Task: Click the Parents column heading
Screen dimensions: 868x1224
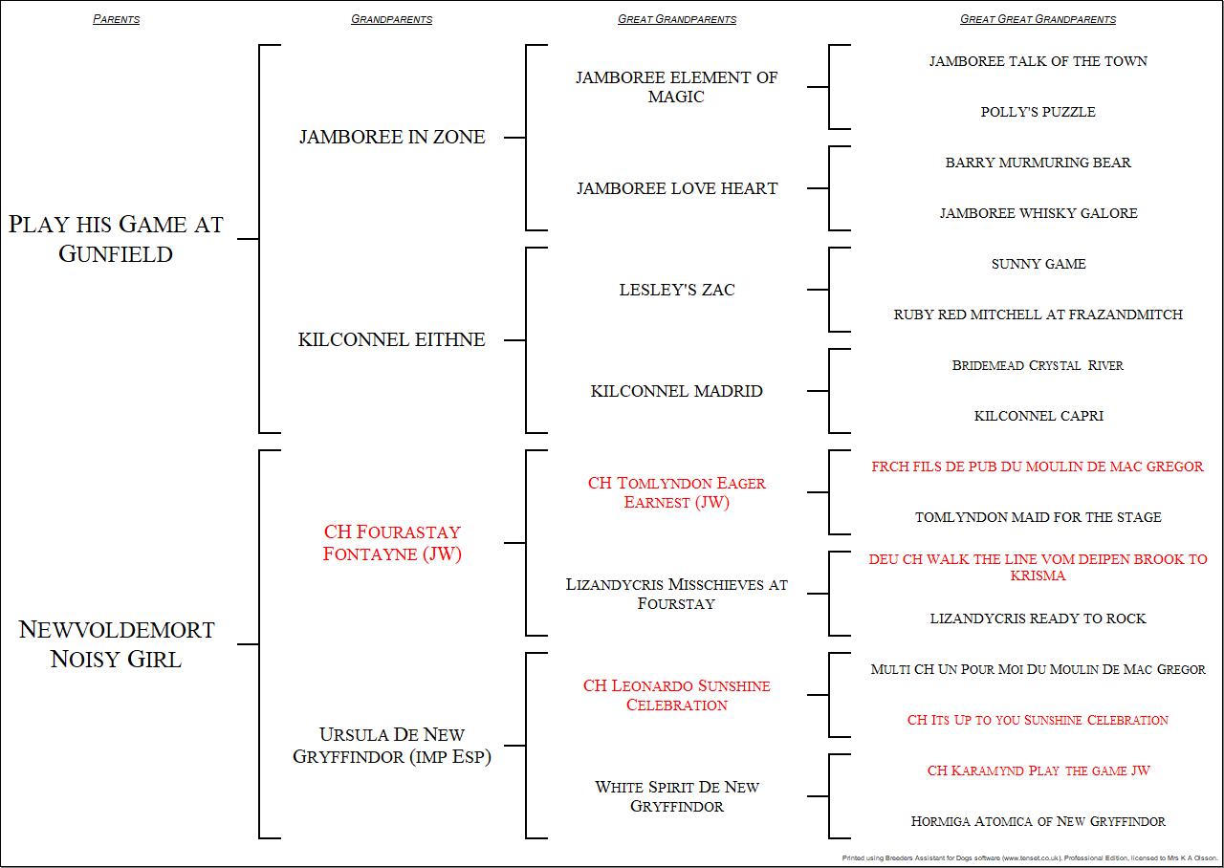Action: coord(116,19)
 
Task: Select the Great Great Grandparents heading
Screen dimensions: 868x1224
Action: coord(1038,19)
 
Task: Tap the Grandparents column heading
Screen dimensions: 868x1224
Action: coord(391,19)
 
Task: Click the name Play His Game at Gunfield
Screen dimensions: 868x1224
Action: coord(116,239)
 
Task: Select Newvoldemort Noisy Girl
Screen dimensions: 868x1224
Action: coord(116,644)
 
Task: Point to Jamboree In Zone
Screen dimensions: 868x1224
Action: coord(392,137)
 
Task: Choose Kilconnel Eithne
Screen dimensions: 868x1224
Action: coord(392,339)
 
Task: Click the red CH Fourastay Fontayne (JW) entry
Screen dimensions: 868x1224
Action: coord(392,543)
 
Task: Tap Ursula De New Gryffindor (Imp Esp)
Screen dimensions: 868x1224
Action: coord(392,746)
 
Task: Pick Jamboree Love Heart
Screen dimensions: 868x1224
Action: coord(677,188)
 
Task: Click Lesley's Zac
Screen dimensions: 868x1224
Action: coord(677,290)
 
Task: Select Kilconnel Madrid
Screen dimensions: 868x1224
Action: coord(677,391)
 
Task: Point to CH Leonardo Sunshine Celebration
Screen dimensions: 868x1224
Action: coord(677,695)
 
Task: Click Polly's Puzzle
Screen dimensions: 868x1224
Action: coord(1038,112)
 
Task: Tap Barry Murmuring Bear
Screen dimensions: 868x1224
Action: coord(1038,163)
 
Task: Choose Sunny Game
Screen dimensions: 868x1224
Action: coord(1038,264)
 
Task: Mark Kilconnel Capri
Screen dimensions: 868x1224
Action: coord(1038,416)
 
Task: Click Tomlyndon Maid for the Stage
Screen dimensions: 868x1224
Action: coord(1038,517)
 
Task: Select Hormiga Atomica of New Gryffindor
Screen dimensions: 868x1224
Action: coord(1038,821)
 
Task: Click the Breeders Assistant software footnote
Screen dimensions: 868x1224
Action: coord(1029,858)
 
